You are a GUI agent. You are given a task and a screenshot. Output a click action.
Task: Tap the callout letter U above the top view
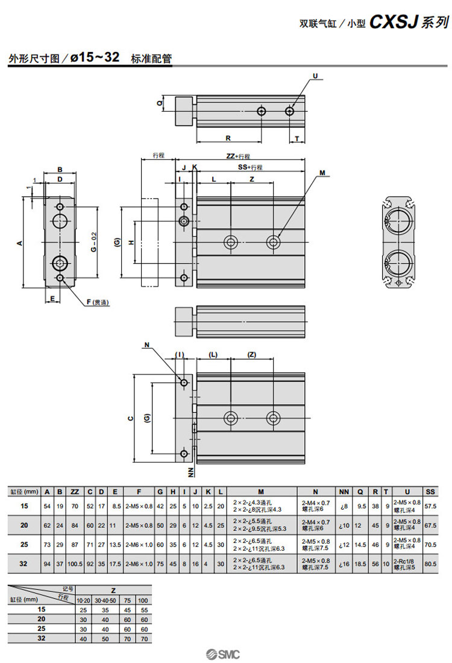(315, 76)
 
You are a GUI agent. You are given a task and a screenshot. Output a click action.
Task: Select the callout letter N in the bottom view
(146, 345)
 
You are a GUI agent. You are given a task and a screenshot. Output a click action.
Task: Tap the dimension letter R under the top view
(228, 138)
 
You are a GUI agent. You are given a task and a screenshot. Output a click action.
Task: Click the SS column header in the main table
(430, 491)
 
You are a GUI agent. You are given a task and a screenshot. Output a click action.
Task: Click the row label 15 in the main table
(24, 506)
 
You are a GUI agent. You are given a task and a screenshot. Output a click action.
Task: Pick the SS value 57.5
(430, 506)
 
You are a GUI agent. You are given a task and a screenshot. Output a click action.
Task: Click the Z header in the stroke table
(113, 590)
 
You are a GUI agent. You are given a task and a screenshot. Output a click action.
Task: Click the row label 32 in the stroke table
(41, 638)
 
